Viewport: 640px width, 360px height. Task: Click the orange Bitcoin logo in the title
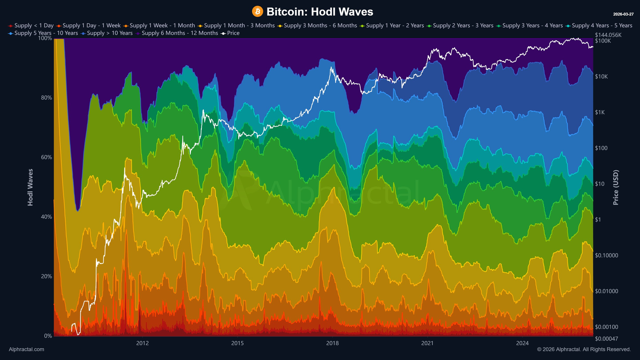point(257,12)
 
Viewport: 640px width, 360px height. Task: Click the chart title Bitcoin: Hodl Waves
point(320,12)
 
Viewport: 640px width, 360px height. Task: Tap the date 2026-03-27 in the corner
point(623,14)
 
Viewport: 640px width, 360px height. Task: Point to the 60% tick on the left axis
point(46,157)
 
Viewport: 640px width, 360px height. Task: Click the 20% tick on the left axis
point(46,276)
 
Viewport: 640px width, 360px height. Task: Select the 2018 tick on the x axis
point(332,343)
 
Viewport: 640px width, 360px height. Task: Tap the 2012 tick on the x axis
point(142,343)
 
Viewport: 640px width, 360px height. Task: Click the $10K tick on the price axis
point(601,77)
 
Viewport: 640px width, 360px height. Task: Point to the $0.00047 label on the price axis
point(606,339)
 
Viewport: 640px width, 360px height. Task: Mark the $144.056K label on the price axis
point(608,35)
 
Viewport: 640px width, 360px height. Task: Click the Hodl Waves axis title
point(30,187)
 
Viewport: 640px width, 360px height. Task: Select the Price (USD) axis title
point(616,187)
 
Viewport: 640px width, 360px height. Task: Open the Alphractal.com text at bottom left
point(27,349)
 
